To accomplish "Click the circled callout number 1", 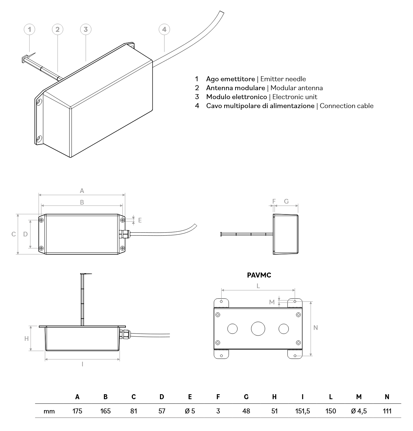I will [x=29, y=30].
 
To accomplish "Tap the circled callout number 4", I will [x=164, y=30].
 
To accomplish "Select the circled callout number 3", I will [x=85, y=30].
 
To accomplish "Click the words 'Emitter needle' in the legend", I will [x=283, y=79].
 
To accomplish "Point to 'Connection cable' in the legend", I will [x=346, y=106].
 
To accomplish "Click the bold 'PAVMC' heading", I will [x=259, y=275].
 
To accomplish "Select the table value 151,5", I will [x=302, y=411].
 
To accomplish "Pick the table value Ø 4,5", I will [x=359, y=411].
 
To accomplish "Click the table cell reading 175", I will [x=77, y=411].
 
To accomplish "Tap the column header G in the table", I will [x=246, y=397].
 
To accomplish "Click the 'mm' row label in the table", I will [x=49, y=411].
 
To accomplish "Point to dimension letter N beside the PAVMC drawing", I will [x=316, y=328].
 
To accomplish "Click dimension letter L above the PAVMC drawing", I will [x=258, y=285].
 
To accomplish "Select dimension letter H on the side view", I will [x=26, y=339].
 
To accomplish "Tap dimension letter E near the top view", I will [x=140, y=220].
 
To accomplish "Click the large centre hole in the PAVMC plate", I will [x=258, y=329].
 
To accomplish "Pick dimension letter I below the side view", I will [x=82, y=364].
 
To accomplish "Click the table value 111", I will [x=387, y=411].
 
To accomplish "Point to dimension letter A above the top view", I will [x=82, y=191].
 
